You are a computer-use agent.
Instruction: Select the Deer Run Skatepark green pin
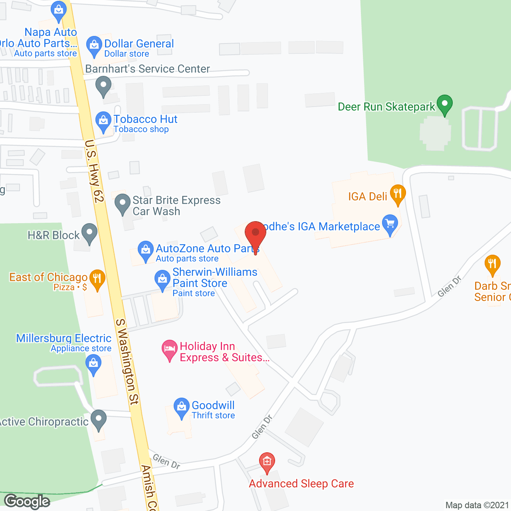click(444, 105)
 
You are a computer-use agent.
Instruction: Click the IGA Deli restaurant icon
click(398, 194)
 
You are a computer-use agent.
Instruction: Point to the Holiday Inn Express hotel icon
click(170, 349)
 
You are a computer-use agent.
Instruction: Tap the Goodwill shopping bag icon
click(182, 407)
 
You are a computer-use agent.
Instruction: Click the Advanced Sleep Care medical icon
click(267, 461)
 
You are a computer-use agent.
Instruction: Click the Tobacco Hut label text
click(145, 119)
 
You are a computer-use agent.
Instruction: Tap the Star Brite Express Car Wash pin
click(123, 204)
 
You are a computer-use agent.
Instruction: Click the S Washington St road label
click(127, 361)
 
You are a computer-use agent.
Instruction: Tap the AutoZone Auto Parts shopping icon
click(146, 250)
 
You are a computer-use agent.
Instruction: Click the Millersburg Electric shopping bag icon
click(93, 364)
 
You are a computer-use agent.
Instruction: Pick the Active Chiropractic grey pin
click(99, 419)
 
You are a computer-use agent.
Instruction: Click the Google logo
click(27, 501)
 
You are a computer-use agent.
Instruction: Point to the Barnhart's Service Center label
click(147, 69)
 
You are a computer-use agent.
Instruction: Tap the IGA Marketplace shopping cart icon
click(390, 224)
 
